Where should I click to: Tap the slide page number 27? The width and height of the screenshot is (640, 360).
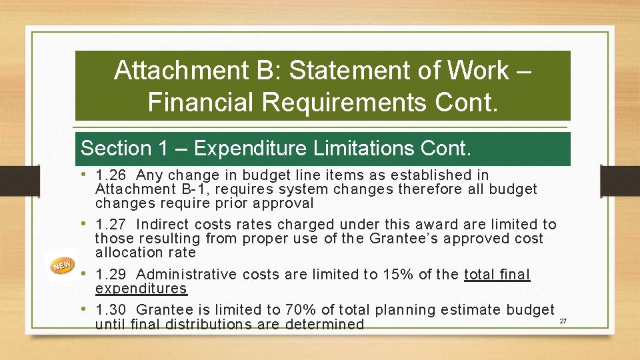click(x=563, y=322)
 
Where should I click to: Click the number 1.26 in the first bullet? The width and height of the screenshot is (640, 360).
click(x=111, y=175)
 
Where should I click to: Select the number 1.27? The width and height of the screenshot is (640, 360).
click(x=111, y=225)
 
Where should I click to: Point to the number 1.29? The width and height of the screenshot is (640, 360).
click(x=111, y=275)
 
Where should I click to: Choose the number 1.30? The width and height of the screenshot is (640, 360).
click(x=111, y=310)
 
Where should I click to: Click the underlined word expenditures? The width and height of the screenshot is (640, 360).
click(x=141, y=289)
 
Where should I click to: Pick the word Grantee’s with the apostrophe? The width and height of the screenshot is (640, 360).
click(x=411, y=239)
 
